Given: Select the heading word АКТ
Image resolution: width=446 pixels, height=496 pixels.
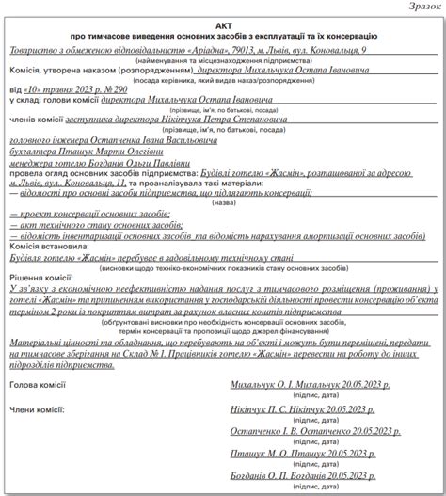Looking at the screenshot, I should tap(223, 23).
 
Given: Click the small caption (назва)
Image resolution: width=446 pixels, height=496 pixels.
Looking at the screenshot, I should tap(223, 202).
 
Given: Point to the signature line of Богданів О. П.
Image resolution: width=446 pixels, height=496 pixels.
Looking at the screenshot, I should tap(303, 476).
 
